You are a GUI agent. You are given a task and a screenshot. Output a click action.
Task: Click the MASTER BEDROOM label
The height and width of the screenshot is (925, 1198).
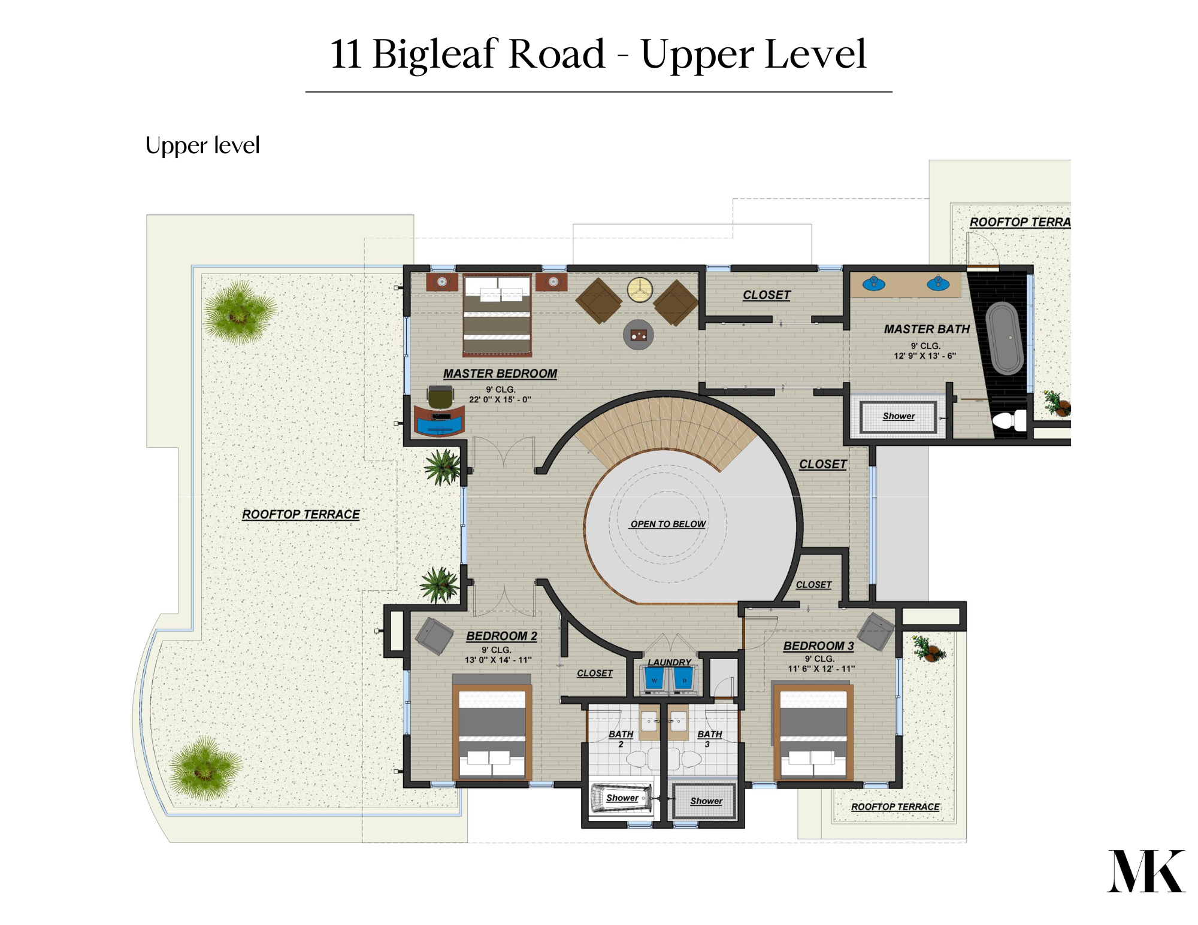point(500,374)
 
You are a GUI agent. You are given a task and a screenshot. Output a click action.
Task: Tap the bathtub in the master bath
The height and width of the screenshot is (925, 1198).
point(1005,338)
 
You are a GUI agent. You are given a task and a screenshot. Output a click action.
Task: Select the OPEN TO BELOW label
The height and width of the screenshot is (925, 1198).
point(668,524)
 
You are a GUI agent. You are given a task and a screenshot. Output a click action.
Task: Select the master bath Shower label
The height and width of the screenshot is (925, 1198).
point(898,416)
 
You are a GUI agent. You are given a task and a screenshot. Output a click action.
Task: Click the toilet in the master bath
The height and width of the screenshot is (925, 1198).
point(1010,420)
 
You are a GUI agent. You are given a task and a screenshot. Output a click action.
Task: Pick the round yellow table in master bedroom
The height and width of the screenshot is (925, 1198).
point(640,290)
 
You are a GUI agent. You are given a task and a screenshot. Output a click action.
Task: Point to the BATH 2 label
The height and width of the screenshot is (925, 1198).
point(621,738)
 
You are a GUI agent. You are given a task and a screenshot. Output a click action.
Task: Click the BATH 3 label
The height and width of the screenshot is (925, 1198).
point(709,738)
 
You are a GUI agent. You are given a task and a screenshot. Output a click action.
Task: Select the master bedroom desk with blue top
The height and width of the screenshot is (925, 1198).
point(439,420)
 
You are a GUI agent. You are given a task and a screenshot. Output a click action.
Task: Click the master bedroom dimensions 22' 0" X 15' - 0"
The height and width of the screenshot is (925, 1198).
point(500,399)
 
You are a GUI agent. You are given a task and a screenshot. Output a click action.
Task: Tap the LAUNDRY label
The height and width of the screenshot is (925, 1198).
point(669,662)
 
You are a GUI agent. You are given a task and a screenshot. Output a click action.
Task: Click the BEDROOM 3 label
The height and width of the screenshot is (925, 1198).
point(818,646)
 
